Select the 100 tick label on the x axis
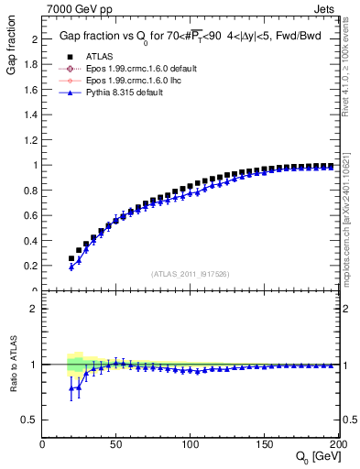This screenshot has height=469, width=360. (x=190, y=444)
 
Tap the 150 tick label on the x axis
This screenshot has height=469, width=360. (x=263, y=444)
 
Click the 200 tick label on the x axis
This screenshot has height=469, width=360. (x=335, y=444)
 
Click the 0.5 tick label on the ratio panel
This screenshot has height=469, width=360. (x=31, y=420)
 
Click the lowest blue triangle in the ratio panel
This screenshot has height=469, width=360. (x=71, y=388)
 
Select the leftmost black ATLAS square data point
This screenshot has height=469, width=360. (x=71, y=258)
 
